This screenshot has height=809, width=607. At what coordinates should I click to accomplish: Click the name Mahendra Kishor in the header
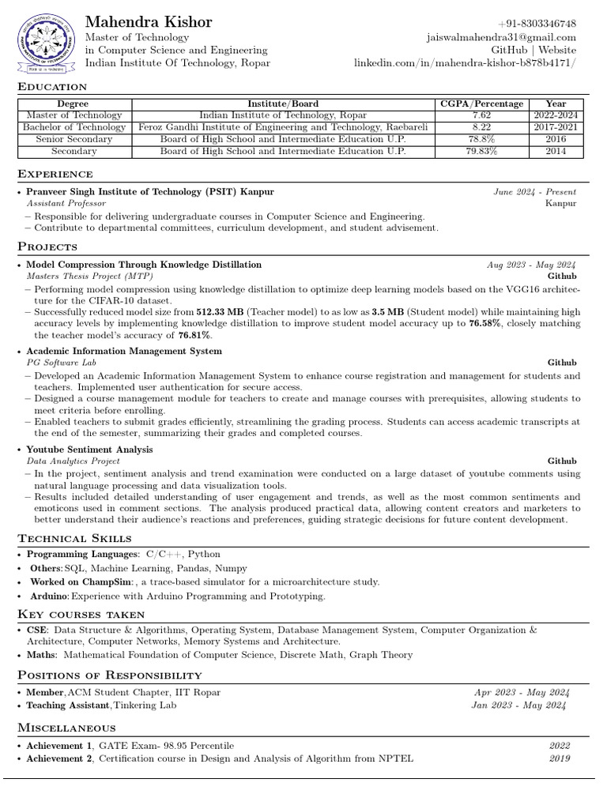(x=149, y=21)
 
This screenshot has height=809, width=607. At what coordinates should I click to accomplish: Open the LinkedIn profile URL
(x=465, y=62)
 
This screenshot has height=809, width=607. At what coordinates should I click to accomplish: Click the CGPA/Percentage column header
(x=481, y=103)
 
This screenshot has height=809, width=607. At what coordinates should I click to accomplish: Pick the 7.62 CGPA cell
(x=481, y=115)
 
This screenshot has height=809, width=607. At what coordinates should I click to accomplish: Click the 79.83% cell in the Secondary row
(x=481, y=152)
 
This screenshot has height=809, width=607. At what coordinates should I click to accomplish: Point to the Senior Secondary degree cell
(x=74, y=139)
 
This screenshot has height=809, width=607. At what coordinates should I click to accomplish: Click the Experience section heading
(x=55, y=174)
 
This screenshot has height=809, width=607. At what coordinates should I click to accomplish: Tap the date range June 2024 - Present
(x=535, y=191)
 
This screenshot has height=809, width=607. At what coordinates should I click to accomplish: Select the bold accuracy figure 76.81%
(x=194, y=335)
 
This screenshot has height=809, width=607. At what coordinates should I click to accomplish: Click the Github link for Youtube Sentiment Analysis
(x=562, y=461)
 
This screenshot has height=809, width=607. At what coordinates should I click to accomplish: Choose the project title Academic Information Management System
(x=124, y=351)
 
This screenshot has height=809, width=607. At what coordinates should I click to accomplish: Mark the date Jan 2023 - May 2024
(x=519, y=705)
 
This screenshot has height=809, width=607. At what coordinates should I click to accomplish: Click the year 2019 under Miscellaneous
(x=559, y=758)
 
